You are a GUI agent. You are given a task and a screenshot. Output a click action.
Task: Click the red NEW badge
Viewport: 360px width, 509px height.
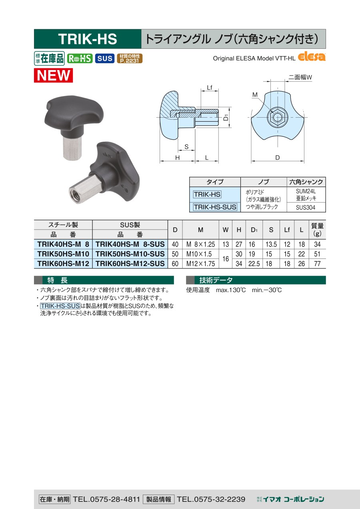click(53, 75)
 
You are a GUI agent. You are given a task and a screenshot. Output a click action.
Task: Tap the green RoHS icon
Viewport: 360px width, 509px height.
click(80, 58)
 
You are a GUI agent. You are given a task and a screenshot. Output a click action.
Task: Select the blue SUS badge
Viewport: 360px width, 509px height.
click(105, 58)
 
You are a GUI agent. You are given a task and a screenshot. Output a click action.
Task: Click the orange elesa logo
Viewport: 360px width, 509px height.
click(312, 57)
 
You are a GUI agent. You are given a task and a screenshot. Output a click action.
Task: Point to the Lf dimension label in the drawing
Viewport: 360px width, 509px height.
click(210, 88)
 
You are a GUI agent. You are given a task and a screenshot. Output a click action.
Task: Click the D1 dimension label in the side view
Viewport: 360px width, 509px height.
click(226, 118)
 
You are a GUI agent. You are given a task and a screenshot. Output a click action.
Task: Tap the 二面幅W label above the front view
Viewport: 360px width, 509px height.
click(300, 77)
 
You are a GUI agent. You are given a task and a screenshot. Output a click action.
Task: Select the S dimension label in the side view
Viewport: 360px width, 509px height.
click(186, 147)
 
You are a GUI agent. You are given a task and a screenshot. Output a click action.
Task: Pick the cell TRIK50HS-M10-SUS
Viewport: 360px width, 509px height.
click(130, 254)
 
